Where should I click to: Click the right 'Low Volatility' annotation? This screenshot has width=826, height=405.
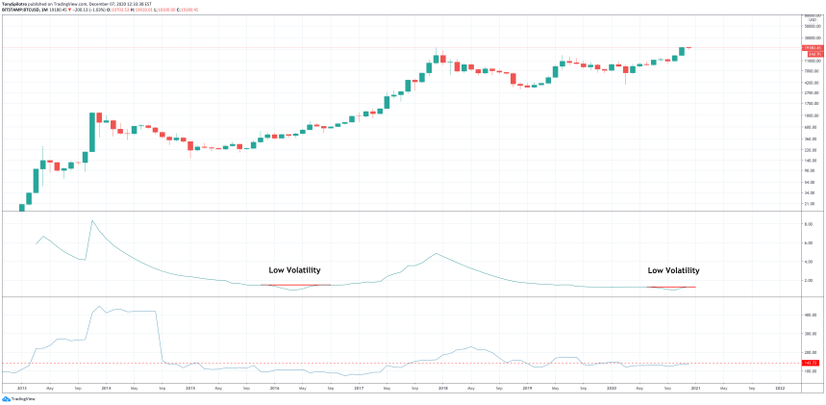(673, 271)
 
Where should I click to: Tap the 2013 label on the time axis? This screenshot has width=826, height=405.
(21, 388)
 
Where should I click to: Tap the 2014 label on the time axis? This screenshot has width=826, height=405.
(105, 388)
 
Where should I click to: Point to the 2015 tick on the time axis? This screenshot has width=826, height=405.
(190, 388)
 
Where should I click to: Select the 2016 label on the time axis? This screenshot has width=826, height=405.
(275, 388)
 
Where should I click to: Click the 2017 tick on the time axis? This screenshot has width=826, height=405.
(358, 388)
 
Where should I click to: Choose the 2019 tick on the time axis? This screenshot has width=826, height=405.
(527, 388)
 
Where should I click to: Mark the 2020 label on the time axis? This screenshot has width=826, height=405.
(612, 388)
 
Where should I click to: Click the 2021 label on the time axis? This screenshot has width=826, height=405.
(695, 388)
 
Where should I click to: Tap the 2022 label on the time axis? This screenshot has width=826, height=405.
(780, 388)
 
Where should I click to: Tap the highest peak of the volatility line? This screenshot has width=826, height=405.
(92, 221)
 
